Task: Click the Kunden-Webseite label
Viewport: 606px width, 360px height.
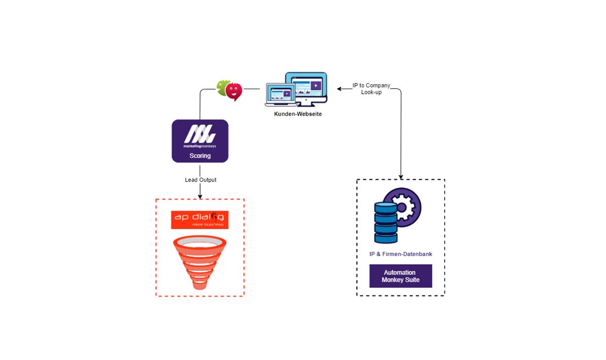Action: [x=297, y=114]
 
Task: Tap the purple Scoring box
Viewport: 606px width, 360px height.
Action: [x=200, y=141]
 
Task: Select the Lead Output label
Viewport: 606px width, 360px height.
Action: [x=200, y=180]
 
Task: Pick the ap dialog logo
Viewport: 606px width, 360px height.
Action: [x=200, y=219]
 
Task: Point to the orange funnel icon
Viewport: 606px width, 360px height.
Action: [x=200, y=262]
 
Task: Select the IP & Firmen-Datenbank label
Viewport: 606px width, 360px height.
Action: [x=400, y=254]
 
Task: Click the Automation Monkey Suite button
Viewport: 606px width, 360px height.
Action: [x=400, y=276]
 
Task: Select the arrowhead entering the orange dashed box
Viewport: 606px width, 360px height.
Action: [x=200, y=197]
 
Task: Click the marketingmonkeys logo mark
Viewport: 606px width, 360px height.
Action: [x=200, y=135]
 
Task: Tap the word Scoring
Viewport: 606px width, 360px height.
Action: [x=200, y=156]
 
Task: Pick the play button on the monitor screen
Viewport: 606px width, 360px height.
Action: [x=315, y=85]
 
